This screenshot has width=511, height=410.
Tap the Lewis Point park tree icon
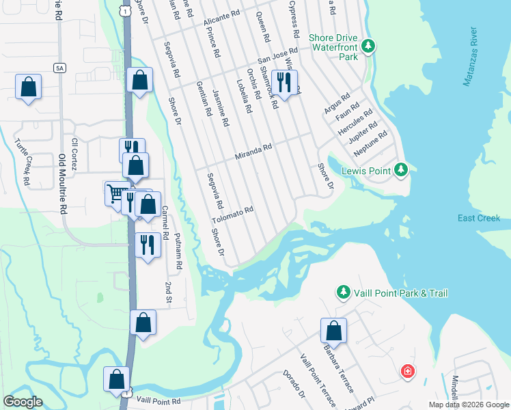point(402,169)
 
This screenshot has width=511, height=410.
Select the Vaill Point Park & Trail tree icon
point(343,293)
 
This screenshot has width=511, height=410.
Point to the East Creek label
point(479,218)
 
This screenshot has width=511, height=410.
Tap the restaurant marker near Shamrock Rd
point(284,83)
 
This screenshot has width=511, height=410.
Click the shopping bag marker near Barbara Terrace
point(333,331)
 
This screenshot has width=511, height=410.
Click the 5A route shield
point(59,67)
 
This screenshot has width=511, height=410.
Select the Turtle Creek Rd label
point(23,163)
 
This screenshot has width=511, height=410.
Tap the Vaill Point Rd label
point(157,400)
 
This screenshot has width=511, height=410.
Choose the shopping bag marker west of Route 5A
point(28,87)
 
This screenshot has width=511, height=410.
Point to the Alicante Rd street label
point(222,18)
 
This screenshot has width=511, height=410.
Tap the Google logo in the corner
point(23,402)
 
